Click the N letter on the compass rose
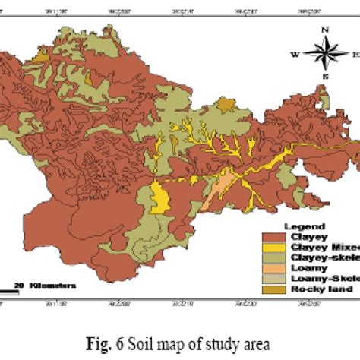[x=324, y=31]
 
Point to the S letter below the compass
[x=324, y=77]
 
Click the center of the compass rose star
[x=324, y=54]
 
